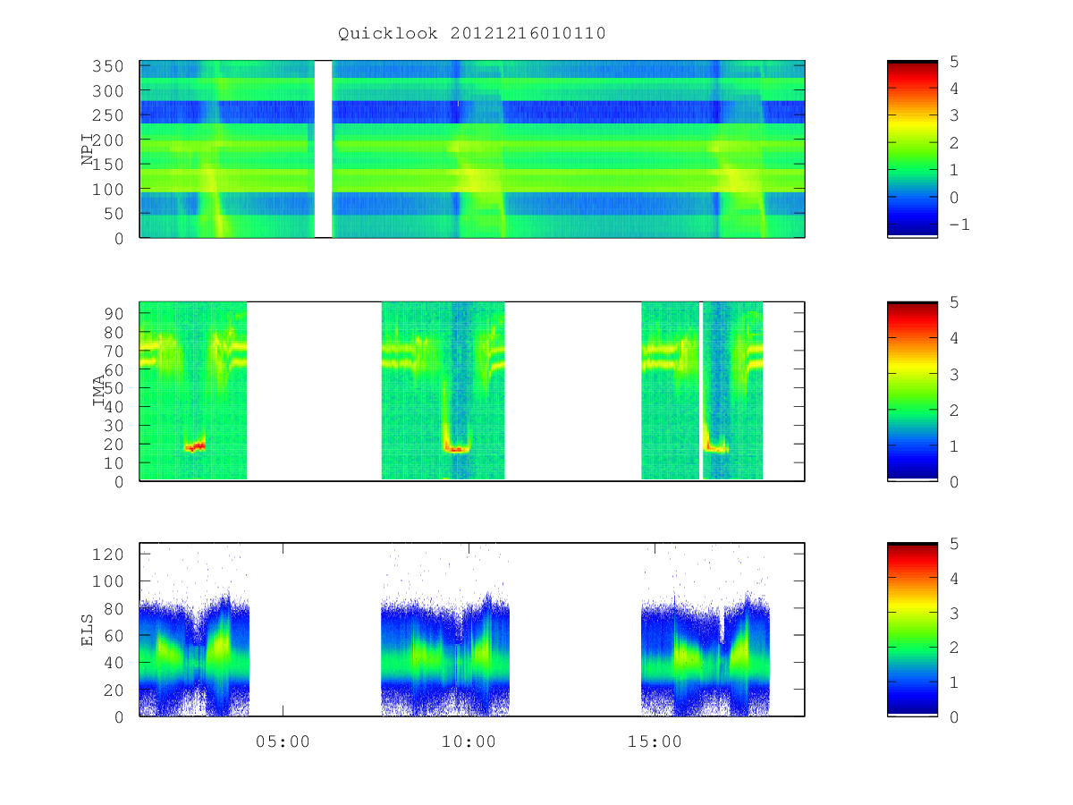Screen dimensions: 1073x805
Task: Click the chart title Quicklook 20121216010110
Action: [x=472, y=33]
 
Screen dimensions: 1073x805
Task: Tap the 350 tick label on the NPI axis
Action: [x=108, y=66]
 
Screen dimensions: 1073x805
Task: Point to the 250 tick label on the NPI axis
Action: [x=108, y=115]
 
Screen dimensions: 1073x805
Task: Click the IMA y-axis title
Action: [x=98, y=391]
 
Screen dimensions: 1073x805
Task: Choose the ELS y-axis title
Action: [x=87, y=630]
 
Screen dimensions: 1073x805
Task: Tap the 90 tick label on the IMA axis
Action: [x=114, y=314]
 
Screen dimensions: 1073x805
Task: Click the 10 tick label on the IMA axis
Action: [x=114, y=462]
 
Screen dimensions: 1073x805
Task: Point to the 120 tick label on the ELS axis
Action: [x=108, y=555]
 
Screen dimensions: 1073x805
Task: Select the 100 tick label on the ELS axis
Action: [x=108, y=581]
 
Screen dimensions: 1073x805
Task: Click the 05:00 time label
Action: [x=283, y=741]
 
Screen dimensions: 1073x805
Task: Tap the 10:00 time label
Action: [x=469, y=741]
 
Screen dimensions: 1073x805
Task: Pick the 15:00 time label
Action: [x=655, y=741]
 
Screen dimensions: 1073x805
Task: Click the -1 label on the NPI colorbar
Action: [x=959, y=225]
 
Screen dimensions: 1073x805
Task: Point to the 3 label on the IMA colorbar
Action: [x=954, y=375]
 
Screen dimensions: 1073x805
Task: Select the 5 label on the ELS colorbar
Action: [x=954, y=544]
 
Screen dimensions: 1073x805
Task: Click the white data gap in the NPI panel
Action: [x=323, y=148]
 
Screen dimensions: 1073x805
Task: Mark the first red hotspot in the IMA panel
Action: [x=195, y=446]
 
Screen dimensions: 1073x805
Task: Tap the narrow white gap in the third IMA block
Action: [x=701, y=391]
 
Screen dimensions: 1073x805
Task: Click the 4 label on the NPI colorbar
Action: [x=954, y=89]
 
